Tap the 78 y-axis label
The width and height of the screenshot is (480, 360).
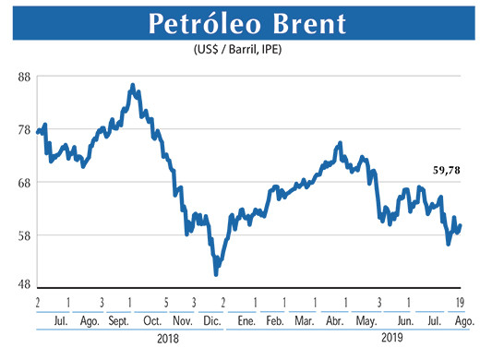(x=25, y=130)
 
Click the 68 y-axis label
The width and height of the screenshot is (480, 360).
(x=25, y=183)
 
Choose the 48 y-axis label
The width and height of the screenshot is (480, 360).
(x=25, y=284)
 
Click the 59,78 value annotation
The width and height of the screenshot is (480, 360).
(x=449, y=170)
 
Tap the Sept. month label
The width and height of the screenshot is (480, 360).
(x=119, y=320)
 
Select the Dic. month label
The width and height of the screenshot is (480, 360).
(x=211, y=320)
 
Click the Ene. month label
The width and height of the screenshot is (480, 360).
(x=245, y=320)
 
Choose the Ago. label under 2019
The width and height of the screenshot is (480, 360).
(x=464, y=320)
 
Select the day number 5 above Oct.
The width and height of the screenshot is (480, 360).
(x=166, y=302)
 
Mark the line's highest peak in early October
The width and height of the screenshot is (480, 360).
(x=133, y=85)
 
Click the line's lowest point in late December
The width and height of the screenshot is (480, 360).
(x=216, y=273)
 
